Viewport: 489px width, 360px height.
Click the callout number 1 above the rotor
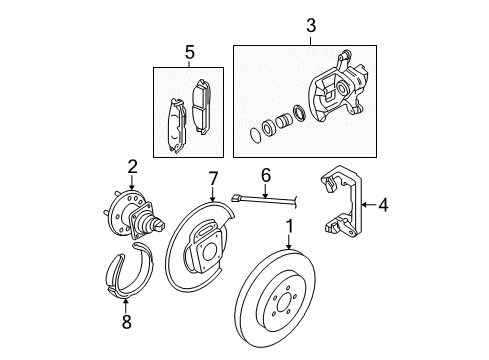coord(289,226)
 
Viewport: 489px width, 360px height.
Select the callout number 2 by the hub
coord(131,166)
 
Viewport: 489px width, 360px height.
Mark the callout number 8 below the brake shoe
coord(125,323)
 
